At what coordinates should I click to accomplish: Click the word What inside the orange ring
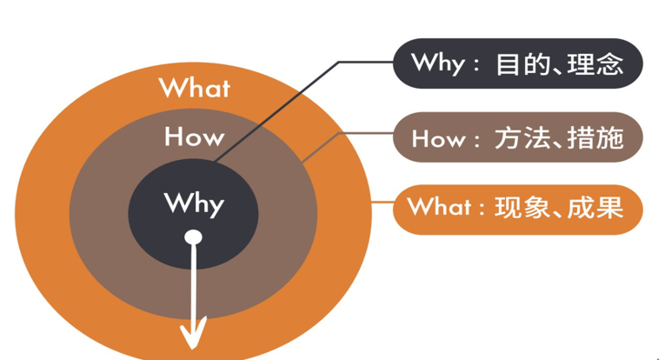point(195,88)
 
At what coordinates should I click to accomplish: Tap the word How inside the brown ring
point(194,137)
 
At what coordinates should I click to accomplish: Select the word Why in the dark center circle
point(194,204)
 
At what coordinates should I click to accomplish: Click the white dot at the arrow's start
point(193,237)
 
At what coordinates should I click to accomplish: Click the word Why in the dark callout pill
point(438,64)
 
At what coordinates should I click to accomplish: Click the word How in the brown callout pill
point(438,138)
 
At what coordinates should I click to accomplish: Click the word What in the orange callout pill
point(439,207)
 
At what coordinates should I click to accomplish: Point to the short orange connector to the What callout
point(382,202)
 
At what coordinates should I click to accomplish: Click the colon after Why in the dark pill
point(476,66)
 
